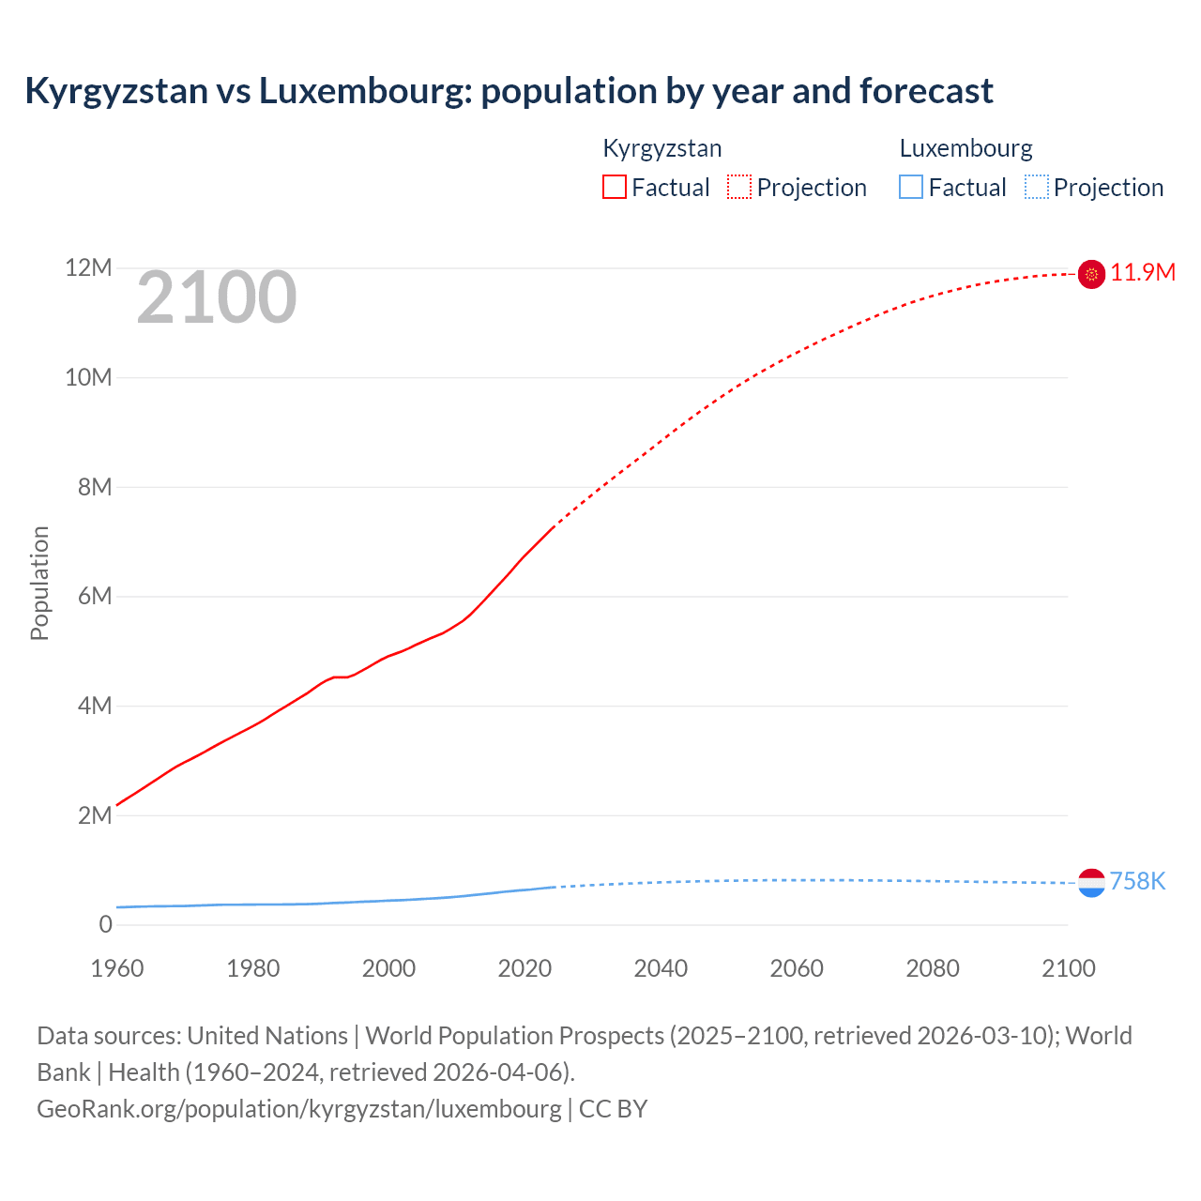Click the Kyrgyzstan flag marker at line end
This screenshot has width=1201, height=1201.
(1091, 274)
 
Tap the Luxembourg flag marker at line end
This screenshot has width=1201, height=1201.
(1091, 883)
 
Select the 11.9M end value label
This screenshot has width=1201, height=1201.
(1143, 273)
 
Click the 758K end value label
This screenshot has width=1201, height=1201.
(1137, 882)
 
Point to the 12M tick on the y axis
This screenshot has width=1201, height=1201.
(88, 268)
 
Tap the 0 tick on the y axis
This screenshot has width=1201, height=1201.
(105, 925)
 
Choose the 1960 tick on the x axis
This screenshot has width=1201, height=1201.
(117, 968)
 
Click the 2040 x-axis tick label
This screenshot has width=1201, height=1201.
(661, 968)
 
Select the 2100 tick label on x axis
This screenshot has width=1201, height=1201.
(1068, 968)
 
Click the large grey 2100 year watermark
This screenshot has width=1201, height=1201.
(217, 298)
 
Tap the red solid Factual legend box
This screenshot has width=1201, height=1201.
(614, 188)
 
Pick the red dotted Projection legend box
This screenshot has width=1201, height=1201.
(739, 188)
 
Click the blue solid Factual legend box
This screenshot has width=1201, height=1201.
(910, 188)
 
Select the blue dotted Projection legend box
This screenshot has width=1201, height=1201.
(1036, 188)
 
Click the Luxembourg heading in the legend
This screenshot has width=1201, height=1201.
(965, 148)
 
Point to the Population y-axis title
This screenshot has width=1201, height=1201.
(39, 583)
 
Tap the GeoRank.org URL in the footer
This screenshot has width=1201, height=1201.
(298, 1109)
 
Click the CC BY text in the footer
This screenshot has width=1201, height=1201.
(613, 1109)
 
